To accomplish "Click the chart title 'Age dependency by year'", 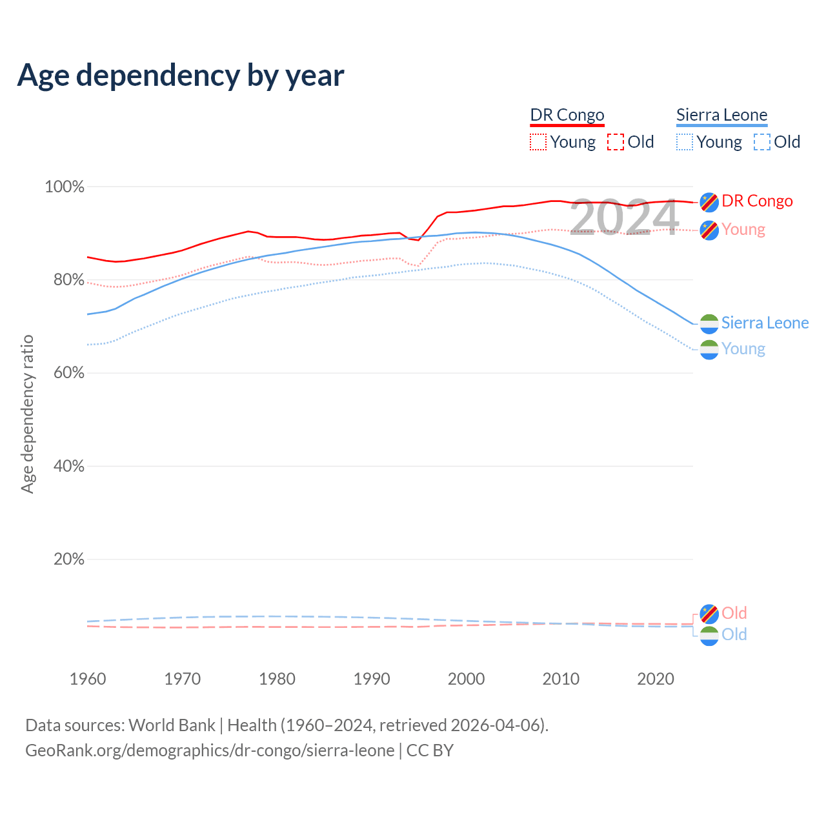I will pyautogui.click(x=181, y=76).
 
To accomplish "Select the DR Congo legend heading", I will pyautogui.click(x=567, y=115).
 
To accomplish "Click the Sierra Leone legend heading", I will pyautogui.click(x=721, y=115).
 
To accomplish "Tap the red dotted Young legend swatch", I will pyautogui.click(x=538, y=142).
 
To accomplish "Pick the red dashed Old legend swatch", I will pyautogui.click(x=616, y=142).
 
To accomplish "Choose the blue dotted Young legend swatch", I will pyautogui.click(x=685, y=142).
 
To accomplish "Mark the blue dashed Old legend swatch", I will pyautogui.click(x=762, y=142).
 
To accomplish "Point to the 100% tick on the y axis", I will pyautogui.click(x=65, y=187).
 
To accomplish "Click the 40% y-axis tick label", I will pyautogui.click(x=68, y=467).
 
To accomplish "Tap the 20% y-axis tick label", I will pyautogui.click(x=68, y=559).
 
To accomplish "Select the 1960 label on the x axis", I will pyautogui.click(x=88, y=679).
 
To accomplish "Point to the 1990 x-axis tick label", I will pyautogui.click(x=372, y=679).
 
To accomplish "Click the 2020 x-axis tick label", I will pyautogui.click(x=656, y=679).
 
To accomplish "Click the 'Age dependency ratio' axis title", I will pyautogui.click(x=27, y=414).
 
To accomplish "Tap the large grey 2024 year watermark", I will pyautogui.click(x=624, y=217).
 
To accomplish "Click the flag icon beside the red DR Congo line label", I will pyautogui.click(x=709, y=202).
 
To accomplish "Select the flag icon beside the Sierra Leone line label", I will pyautogui.click(x=709, y=323).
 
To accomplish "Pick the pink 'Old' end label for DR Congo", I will pyautogui.click(x=734, y=613).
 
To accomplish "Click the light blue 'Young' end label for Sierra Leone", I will pyautogui.click(x=743, y=349).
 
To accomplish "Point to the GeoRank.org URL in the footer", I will pyautogui.click(x=210, y=750).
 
